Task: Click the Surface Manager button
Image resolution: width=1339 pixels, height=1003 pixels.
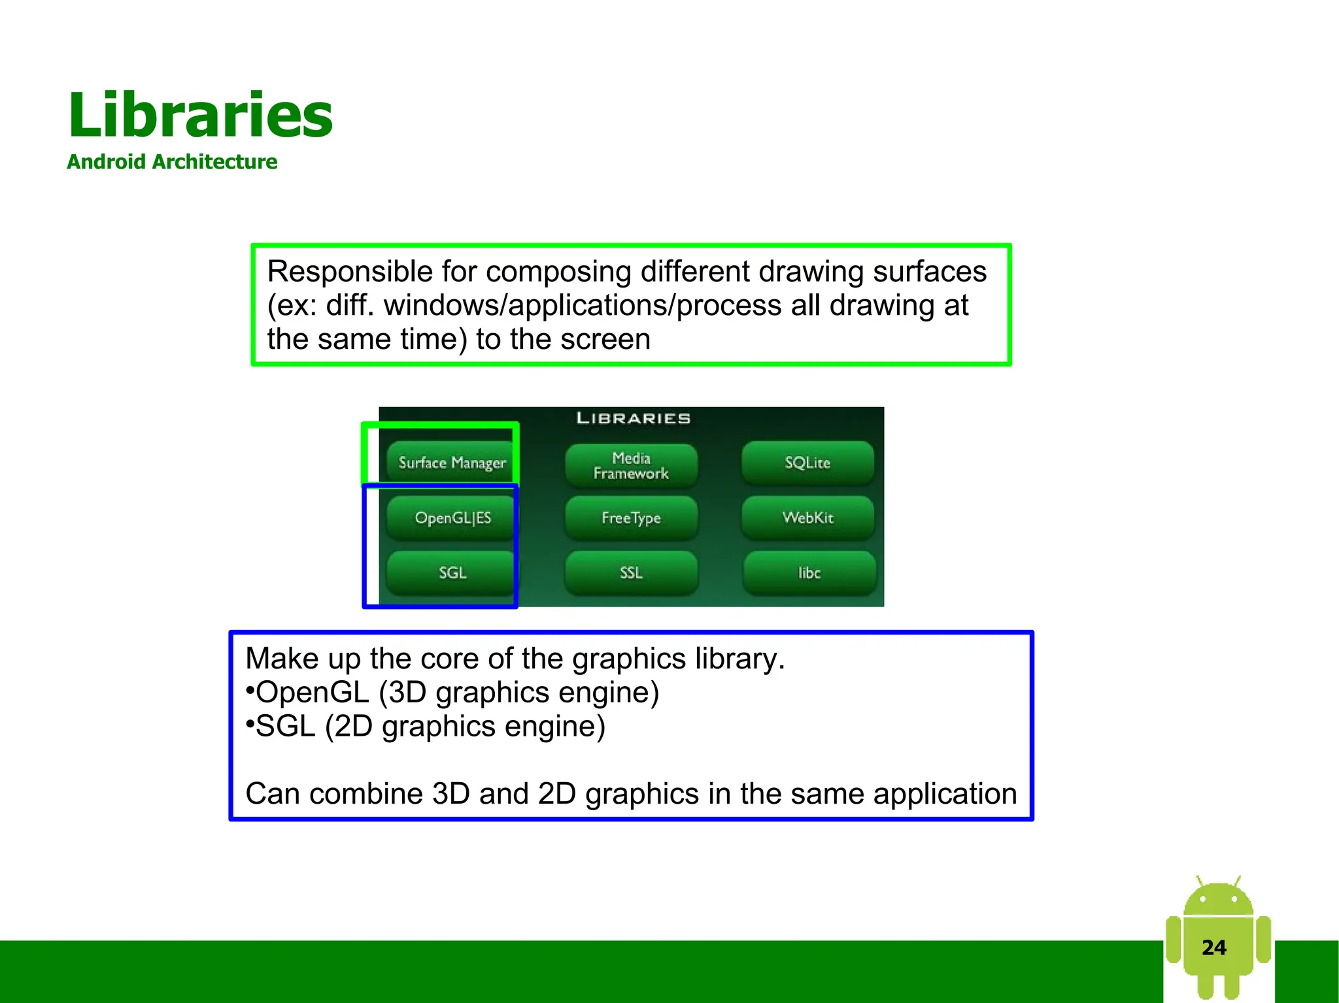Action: [452, 463]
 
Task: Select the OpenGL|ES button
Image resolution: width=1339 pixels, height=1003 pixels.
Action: [452, 518]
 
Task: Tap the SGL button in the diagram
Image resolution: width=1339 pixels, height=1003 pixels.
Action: [452, 572]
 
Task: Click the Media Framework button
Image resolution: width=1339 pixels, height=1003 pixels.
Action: [631, 465]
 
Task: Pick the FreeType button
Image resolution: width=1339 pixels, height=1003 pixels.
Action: [631, 518]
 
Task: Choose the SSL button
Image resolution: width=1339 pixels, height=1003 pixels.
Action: [631, 572]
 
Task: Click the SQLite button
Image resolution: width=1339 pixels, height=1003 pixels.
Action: [807, 463]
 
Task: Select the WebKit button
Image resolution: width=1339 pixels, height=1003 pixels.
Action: [807, 518]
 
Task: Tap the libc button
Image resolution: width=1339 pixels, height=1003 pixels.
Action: [809, 572]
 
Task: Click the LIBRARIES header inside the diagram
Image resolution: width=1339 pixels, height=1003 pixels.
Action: [633, 418]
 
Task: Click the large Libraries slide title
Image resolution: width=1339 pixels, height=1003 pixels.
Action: [200, 116]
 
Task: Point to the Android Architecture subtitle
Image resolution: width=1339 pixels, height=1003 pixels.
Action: [172, 161]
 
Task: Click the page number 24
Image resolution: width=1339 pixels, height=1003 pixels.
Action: [1213, 947]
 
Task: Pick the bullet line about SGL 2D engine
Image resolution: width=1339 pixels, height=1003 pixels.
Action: [426, 727]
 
